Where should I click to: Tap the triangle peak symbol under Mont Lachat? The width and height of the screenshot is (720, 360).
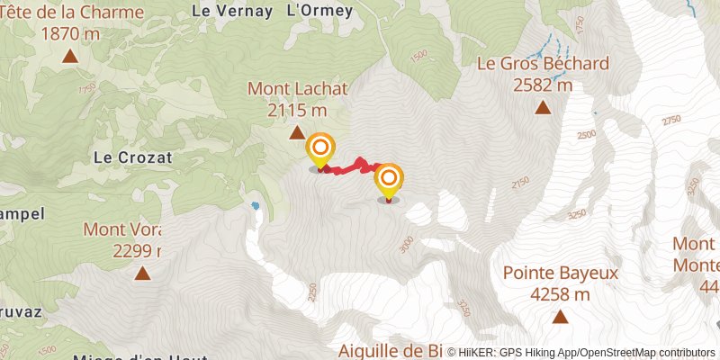(x=297, y=133)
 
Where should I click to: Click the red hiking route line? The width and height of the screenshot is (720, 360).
(x=351, y=166)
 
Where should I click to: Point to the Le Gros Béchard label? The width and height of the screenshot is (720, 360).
(x=543, y=65)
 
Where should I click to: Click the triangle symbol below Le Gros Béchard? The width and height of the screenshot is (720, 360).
(x=543, y=108)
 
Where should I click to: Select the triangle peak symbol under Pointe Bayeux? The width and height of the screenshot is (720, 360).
(x=560, y=316)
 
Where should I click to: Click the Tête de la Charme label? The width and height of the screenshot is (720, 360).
(x=72, y=13)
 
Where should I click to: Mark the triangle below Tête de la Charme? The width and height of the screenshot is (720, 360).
(x=70, y=57)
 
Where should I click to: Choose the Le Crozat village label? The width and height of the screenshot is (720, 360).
(x=132, y=157)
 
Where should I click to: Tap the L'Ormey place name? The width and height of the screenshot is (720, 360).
(x=319, y=11)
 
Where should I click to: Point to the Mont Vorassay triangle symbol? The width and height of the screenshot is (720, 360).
(x=141, y=273)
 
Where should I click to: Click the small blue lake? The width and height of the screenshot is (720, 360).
(x=256, y=206)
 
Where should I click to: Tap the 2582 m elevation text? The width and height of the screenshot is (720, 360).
(x=543, y=85)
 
